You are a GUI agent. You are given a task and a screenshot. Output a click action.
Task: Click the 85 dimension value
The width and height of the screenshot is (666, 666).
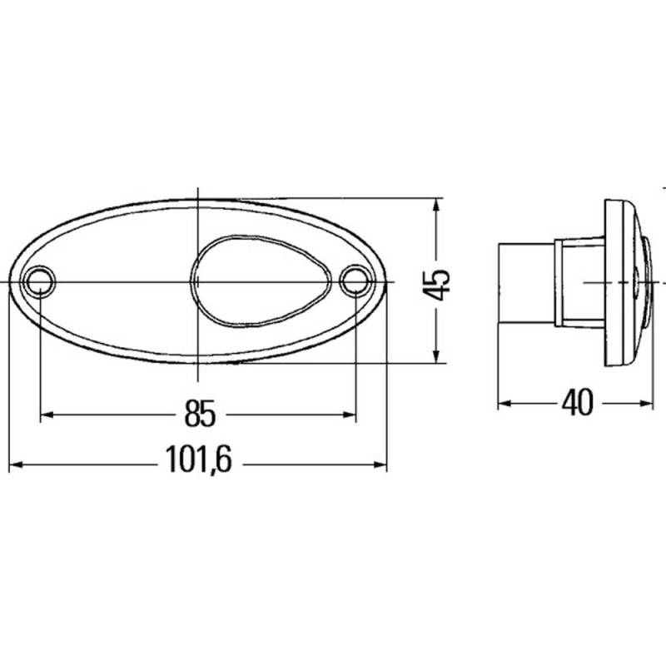(x=200, y=413)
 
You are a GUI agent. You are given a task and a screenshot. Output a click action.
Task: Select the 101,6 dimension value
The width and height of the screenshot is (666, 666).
(x=199, y=460)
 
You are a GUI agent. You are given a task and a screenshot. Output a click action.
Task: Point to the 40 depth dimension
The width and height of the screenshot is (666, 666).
(x=577, y=402)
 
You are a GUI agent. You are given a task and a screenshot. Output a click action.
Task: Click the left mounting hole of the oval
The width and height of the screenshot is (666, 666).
(x=40, y=281)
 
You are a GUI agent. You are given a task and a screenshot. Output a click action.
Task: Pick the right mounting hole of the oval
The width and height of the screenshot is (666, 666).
(x=355, y=281)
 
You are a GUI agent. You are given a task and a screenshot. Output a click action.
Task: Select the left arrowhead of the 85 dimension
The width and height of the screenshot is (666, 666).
(x=47, y=415)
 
